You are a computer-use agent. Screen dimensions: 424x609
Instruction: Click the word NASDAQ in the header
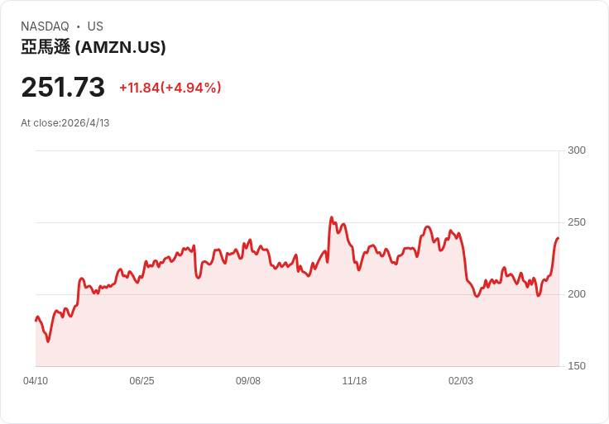point(45,26)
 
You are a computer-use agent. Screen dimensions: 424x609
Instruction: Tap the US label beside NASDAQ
point(95,26)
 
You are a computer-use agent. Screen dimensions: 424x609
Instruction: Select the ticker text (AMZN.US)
point(121,48)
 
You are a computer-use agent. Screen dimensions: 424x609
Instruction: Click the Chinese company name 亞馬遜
point(46,48)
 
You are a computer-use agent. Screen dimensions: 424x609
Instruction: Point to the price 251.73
point(63,88)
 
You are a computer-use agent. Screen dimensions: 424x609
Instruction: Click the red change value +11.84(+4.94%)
point(170,88)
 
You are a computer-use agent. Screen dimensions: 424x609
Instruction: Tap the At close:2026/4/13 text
point(65,123)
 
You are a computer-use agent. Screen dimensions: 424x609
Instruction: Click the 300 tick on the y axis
point(577,150)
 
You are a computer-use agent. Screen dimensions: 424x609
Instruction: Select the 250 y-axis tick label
point(577,222)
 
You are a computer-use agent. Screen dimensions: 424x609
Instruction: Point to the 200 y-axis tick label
point(577,294)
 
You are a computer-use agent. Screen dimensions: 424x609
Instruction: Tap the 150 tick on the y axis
point(577,366)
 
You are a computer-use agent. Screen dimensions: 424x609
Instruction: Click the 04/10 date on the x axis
point(36,381)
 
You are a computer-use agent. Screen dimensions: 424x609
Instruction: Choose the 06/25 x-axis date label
point(141,381)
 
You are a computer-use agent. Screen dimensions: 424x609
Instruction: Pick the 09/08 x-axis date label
point(248,381)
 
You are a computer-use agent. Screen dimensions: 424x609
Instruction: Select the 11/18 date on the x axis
point(354,381)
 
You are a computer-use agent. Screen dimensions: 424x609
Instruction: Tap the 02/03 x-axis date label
point(461,381)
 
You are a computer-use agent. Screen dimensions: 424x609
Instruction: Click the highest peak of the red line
point(332,218)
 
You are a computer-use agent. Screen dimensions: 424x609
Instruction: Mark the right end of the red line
point(559,238)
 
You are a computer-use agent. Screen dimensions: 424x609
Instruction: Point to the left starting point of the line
point(36,320)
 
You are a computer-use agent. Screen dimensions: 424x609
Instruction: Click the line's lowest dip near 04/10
point(48,341)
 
